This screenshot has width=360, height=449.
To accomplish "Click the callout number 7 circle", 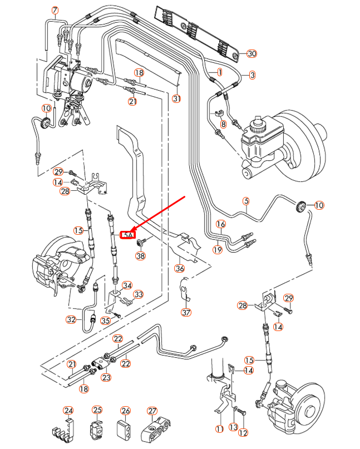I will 55,11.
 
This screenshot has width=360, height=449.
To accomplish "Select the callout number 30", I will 251,53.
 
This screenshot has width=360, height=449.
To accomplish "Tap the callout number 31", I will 177,99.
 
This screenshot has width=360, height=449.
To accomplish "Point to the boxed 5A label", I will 129,235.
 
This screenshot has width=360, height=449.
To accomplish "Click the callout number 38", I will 140,256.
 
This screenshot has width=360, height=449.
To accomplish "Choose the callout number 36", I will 180,268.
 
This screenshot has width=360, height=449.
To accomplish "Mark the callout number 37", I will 186,312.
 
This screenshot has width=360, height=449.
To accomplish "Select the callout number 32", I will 71,320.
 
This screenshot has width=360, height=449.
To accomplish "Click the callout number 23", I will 106,377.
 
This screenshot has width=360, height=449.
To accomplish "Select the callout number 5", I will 246,201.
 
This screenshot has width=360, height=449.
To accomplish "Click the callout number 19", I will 218,250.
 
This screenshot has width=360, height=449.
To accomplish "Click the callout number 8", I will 223,125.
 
